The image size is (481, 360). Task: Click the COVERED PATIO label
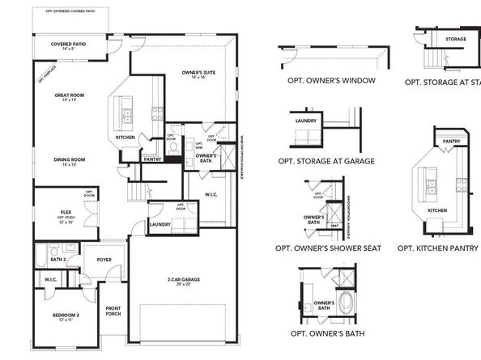[x=69, y=44]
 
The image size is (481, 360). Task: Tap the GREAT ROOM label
[x=66, y=95]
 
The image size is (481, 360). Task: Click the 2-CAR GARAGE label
[x=185, y=279]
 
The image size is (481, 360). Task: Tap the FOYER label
[x=104, y=260]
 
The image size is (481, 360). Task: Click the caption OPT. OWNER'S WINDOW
[x=331, y=81]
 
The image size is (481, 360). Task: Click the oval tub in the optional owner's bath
[x=346, y=303]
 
